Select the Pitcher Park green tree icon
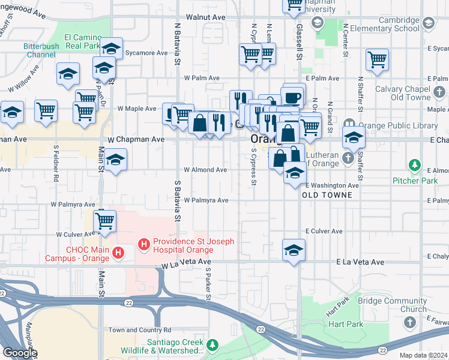(414, 164)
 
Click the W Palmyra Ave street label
(206, 200)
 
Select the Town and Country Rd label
(140, 330)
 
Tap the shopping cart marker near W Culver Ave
(105, 221)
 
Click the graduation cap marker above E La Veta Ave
(294, 250)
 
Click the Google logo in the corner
(20, 353)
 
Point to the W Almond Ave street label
(205, 170)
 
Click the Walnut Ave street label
(205, 17)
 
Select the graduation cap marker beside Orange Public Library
(354, 138)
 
